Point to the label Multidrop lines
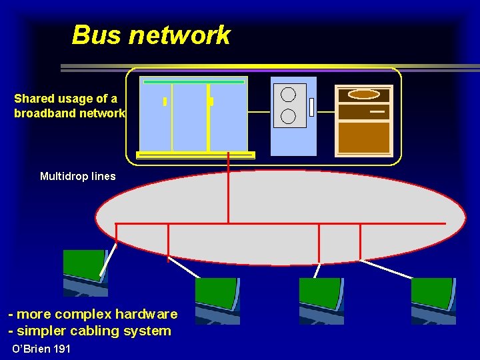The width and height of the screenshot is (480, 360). point(77,177)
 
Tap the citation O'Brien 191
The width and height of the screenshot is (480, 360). point(42,349)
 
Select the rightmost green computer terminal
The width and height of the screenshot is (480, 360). point(433,299)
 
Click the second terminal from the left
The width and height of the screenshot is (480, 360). point(217,299)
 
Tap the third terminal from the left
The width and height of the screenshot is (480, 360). point(321,299)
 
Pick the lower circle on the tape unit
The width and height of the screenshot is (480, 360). point(289,116)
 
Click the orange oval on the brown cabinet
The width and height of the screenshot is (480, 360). point(363,94)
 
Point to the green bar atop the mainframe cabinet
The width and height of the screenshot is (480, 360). point(194,81)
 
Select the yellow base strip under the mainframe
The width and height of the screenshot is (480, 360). point(195,155)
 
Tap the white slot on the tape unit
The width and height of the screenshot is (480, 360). point(311,107)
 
